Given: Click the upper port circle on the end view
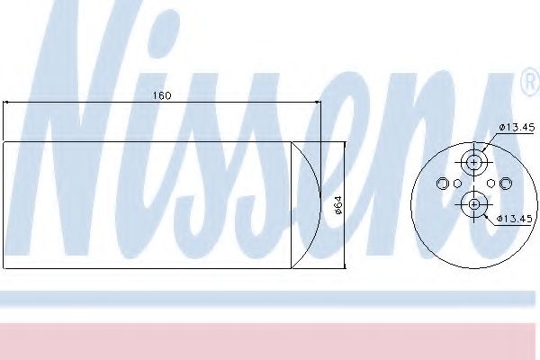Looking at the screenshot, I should point(473,162).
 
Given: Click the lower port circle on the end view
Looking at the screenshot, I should point(473,205).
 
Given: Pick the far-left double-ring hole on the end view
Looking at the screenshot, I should point(442,184).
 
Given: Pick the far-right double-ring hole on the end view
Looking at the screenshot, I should point(505,184).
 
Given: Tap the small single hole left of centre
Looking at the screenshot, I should point(457,184).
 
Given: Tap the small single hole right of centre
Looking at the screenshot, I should point(490,184).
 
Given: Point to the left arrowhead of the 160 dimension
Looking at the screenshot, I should point(8,103).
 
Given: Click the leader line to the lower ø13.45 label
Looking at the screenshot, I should point(487,214).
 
